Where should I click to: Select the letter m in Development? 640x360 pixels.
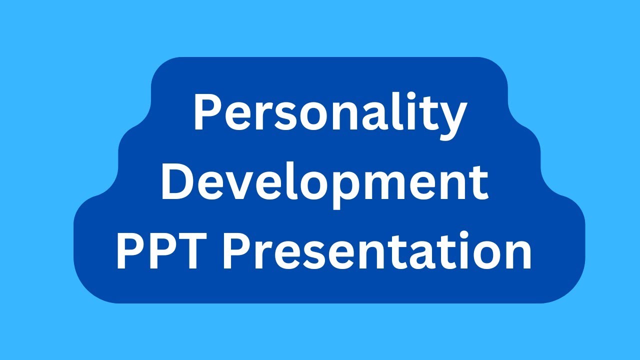point(389,186)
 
